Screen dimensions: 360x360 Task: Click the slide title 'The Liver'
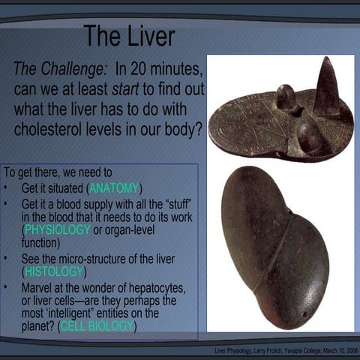point(129,35)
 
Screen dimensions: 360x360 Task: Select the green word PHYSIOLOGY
point(56,229)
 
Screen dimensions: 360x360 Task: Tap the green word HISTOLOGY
point(55,271)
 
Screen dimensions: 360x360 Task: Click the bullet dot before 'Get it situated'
point(6,187)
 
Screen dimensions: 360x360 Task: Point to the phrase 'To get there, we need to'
point(58,172)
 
